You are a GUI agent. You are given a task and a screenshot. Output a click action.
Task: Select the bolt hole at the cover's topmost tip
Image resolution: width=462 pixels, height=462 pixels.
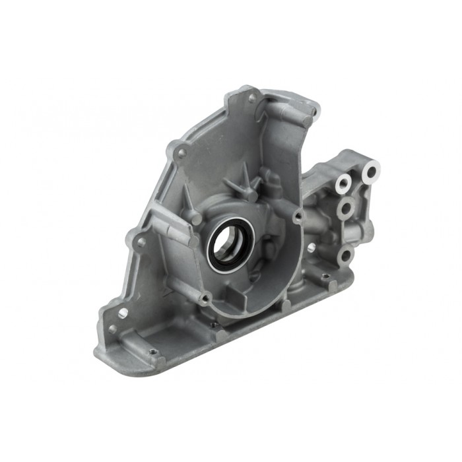(252, 98)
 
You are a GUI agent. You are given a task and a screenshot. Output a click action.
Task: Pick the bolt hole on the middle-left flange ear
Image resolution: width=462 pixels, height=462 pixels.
(140, 242)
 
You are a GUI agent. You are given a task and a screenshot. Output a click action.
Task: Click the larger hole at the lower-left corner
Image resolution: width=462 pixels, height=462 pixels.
(123, 312)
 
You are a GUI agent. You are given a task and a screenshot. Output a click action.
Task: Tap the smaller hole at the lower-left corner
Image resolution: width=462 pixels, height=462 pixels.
(112, 328)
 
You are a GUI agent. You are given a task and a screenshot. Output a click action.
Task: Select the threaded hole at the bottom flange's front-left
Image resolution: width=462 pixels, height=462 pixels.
(152, 352)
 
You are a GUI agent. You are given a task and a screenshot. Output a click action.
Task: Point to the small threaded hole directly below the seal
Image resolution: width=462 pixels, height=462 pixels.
(214, 325)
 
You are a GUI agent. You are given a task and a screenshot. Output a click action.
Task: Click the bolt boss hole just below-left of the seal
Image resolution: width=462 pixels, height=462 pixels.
(205, 299)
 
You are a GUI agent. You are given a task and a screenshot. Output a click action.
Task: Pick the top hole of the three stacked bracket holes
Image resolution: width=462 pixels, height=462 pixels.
(343, 182)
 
